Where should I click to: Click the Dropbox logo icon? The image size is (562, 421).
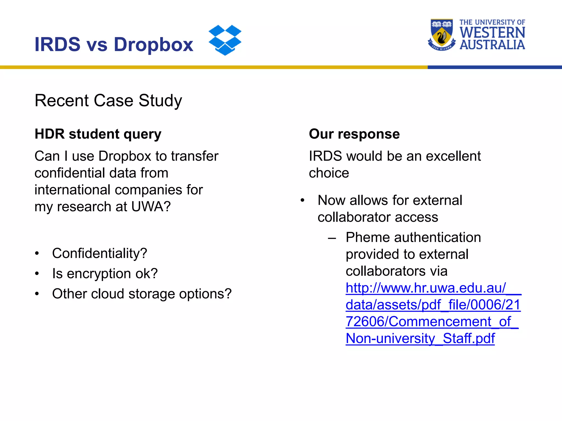(225, 40)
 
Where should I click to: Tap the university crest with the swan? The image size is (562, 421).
(442, 35)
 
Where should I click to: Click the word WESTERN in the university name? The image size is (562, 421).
(492, 33)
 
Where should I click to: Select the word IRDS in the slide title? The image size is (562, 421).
(57, 44)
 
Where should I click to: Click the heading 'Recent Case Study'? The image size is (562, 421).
(108, 101)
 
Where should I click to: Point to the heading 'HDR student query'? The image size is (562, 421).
(98, 134)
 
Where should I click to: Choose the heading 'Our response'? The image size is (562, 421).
(354, 134)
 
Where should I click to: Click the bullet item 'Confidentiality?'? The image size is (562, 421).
(100, 253)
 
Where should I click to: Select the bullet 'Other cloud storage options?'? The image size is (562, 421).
(142, 294)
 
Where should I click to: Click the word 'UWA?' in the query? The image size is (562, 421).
(151, 207)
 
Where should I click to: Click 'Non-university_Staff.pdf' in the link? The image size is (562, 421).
(420, 338)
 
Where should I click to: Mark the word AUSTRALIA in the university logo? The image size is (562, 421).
(492, 45)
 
